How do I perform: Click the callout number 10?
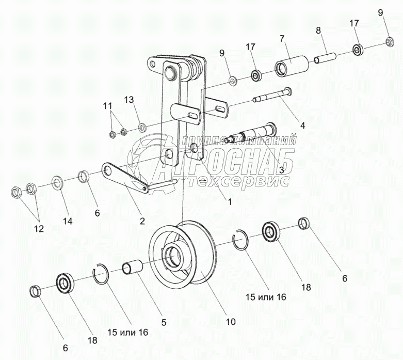[x=230, y=321]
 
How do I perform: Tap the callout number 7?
[x=282, y=39]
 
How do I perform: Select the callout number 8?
[x=318, y=30]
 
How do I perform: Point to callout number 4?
[x=302, y=125]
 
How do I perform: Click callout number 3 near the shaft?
[x=281, y=169]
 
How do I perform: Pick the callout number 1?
[x=230, y=202]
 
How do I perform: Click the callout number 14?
[x=68, y=221]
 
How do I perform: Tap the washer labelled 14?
[x=57, y=183]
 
